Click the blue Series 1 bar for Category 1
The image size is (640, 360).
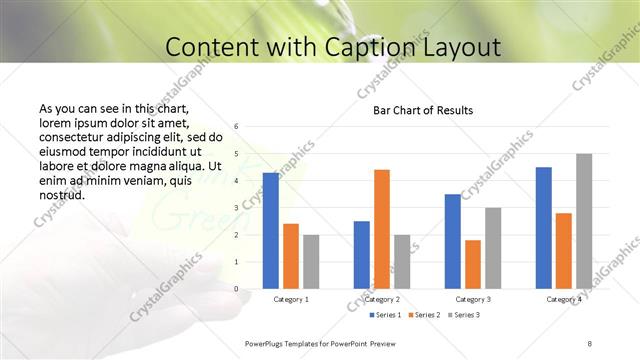[x=271, y=230]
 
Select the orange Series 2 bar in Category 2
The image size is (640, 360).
[x=381, y=229]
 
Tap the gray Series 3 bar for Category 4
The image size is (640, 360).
[x=584, y=221]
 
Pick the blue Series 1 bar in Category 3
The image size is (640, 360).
[x=453, y=241]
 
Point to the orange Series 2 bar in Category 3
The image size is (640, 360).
[x=472, y=264]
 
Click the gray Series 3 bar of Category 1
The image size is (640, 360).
[x=311, y=261]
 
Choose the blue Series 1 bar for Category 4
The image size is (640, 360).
[x=543, y=227]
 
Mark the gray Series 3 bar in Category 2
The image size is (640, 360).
[x=402, y=261]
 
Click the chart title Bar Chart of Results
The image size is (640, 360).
[x=423, y=110]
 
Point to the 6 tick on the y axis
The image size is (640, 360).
[x=236, y=127]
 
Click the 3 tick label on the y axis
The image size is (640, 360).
[x=236, y=208]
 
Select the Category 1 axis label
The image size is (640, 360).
[x=291, y=299]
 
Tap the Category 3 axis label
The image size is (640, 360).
[x=472, y=299]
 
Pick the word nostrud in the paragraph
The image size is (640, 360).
[x=61, y=194]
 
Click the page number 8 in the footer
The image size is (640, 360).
[x=589, y=343]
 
